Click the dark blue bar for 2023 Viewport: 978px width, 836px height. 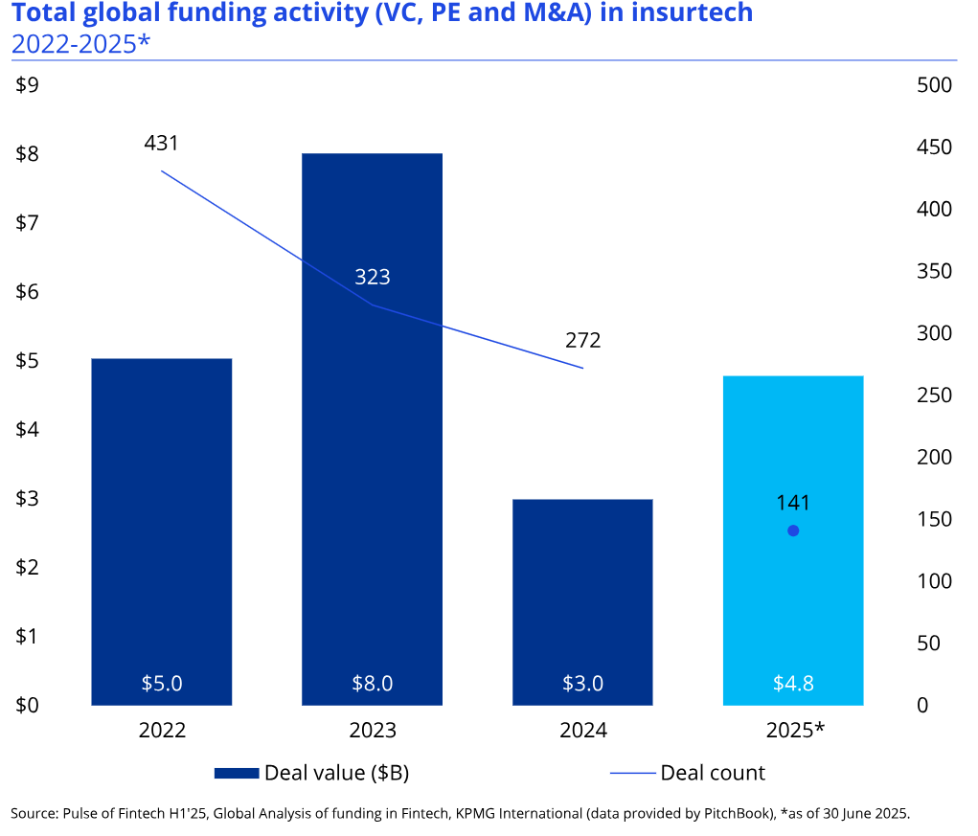coord(372,479)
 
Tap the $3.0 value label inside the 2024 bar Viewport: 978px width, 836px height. coord(583,684)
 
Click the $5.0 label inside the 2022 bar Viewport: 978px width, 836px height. coord(162,684)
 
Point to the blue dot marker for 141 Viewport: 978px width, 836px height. coord(793,531)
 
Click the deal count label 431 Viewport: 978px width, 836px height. coord(162,144)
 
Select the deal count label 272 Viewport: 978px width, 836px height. coord(583,340)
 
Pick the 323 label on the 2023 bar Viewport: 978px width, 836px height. coord(373,278)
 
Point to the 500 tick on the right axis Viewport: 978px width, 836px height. coord(934,85)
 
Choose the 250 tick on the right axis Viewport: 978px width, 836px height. coord(934,395)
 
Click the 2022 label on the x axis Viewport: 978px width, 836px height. coord(162,731)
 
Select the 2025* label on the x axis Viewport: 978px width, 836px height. coord(795,731)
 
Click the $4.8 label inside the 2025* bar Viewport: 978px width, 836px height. coord(793,684)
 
